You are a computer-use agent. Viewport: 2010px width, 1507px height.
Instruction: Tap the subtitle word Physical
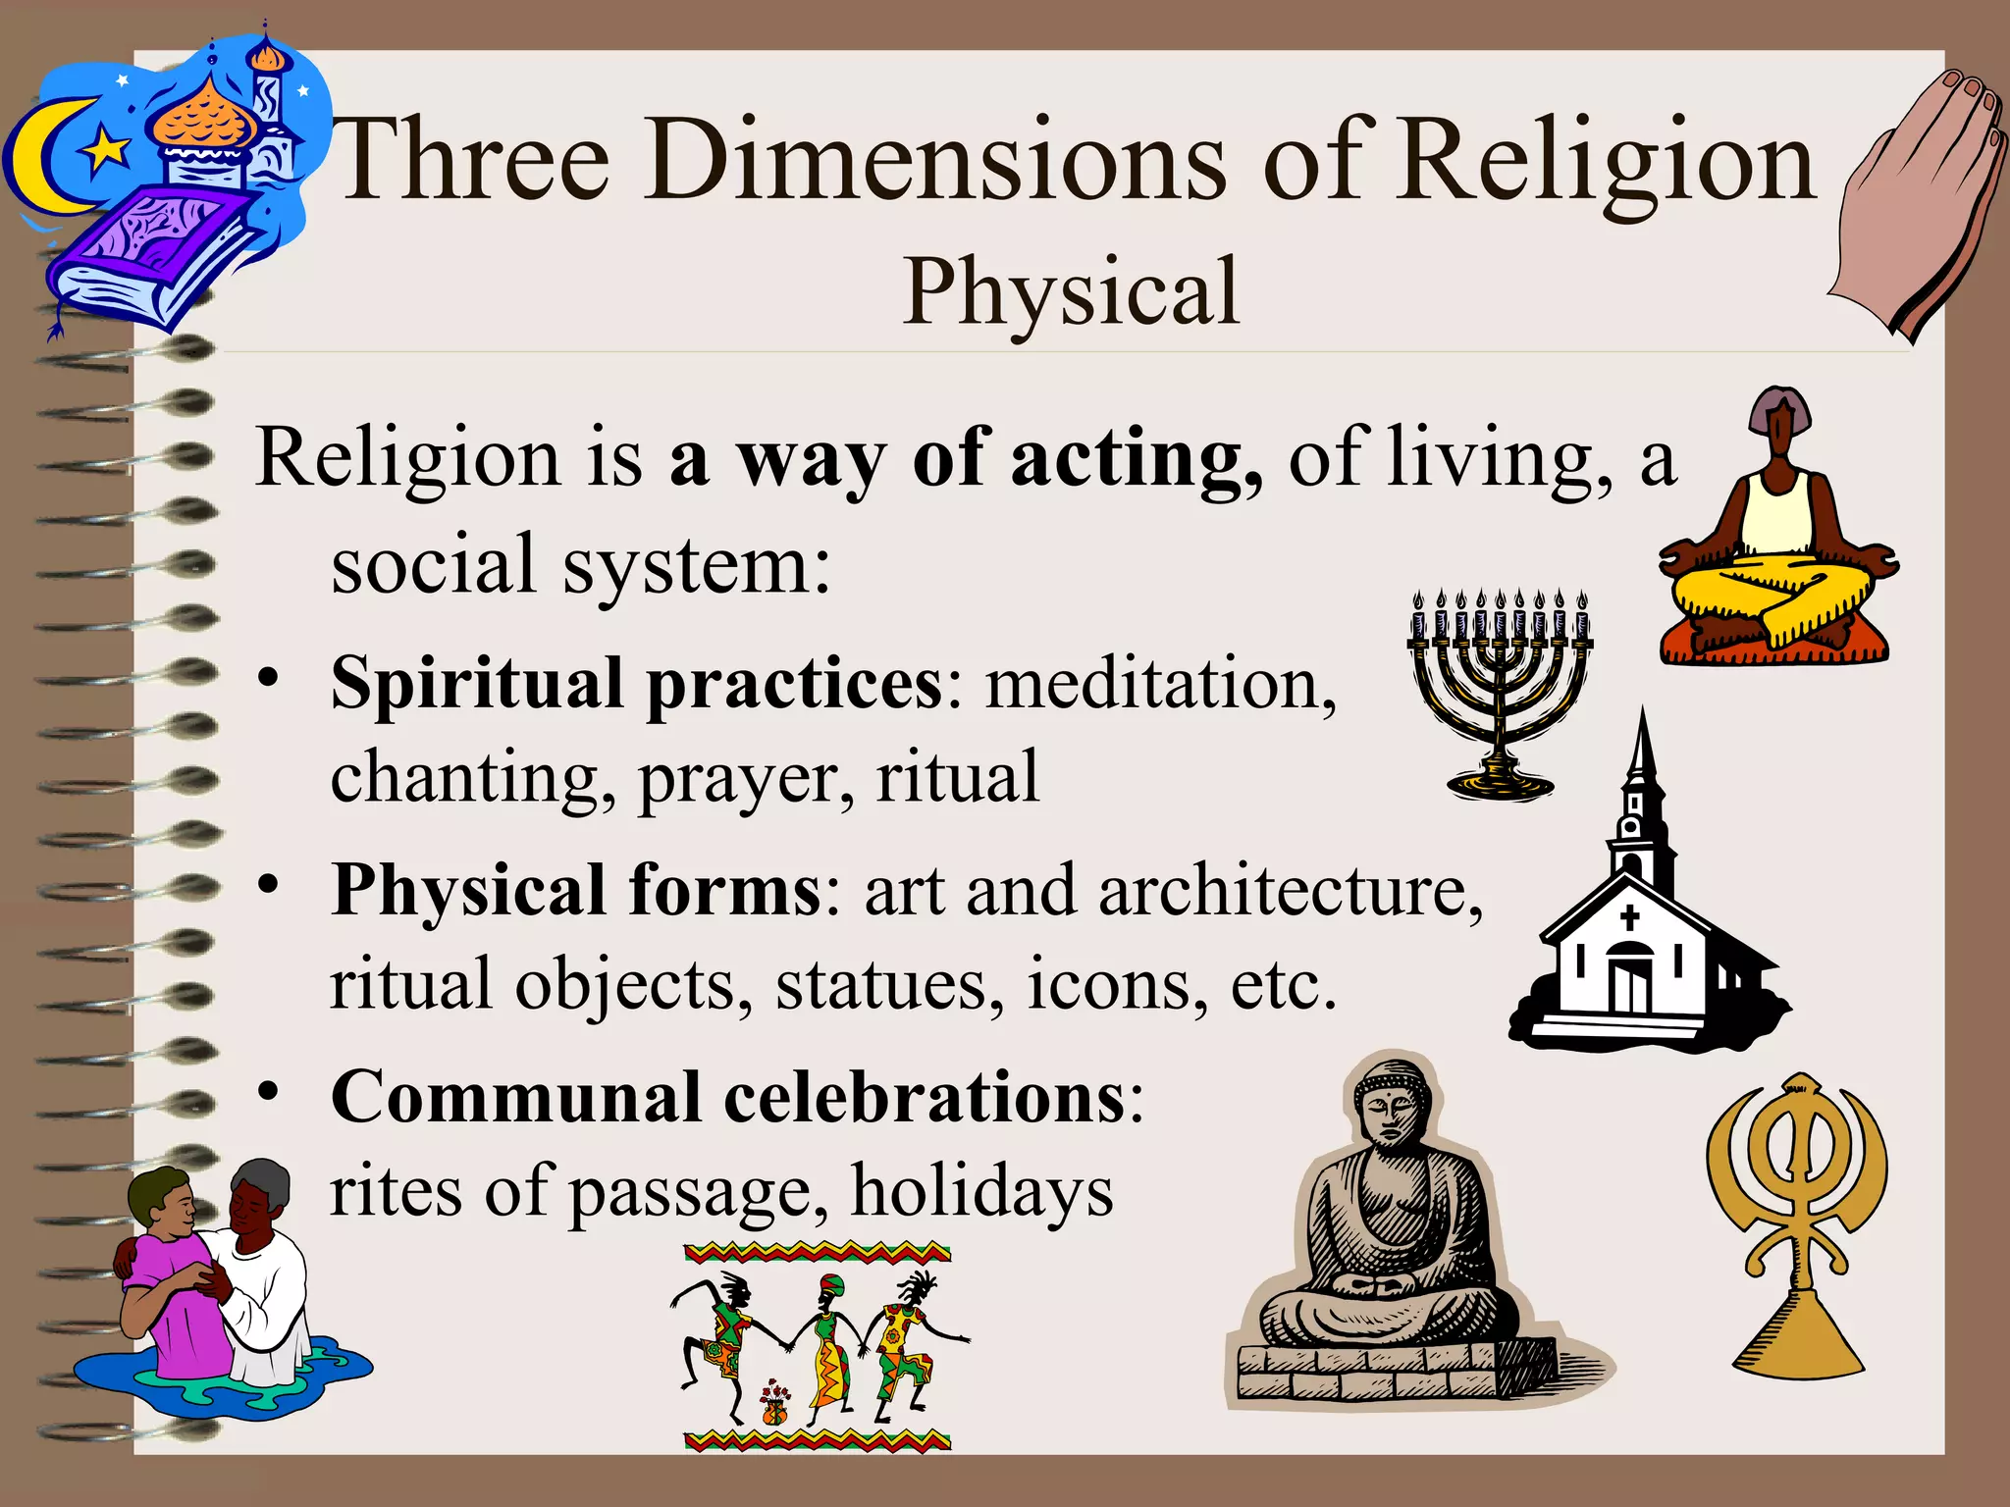click(x=1071, y=291)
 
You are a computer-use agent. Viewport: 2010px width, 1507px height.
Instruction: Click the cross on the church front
click(x=1630, y=918)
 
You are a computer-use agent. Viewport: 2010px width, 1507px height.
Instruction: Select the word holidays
click(x=981, y=1192)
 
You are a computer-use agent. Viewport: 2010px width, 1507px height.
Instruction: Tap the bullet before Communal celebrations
click(x=270, y=1091)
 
